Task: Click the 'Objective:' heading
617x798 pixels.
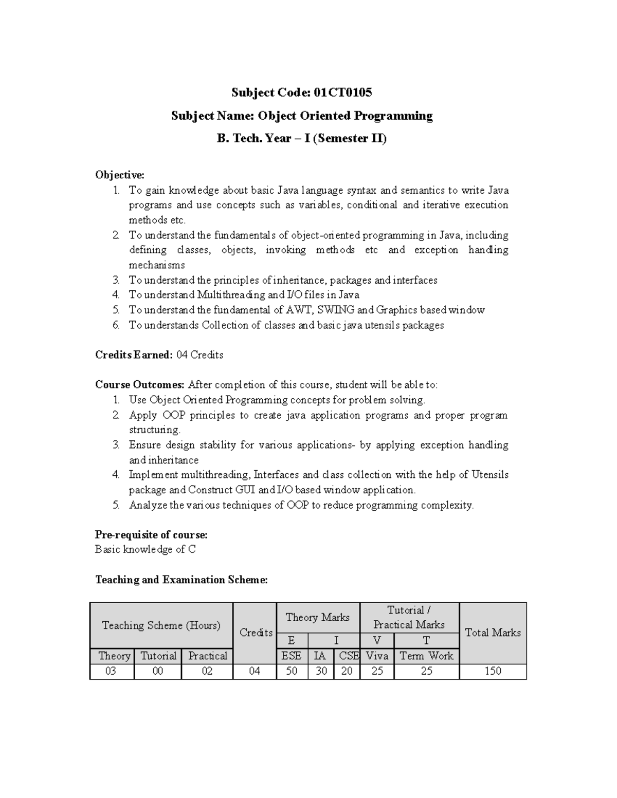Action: [x=120, y=175]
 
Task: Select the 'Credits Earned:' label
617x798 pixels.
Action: [x=134, y=355]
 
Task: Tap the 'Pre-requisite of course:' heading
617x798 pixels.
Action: [x=151, y=534]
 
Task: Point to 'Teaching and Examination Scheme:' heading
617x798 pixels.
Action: [x=182, y=580]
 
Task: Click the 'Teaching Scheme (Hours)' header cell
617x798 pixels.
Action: [x=161, y=625]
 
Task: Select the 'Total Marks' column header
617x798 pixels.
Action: [x=493, y=633]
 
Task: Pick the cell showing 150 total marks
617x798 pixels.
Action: [x=493, y=671]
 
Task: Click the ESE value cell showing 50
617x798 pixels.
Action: [x=292, y=671]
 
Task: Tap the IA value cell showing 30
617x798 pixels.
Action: [x=321, y=671]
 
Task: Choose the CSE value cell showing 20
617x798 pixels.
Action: [x=347, y=671]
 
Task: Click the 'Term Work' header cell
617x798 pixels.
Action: [x=426, y=656]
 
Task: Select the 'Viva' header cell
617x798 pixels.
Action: [x=377, y=656]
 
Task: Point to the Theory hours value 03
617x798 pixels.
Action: [x=111, y=671]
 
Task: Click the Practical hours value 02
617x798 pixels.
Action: [x=207, y=671]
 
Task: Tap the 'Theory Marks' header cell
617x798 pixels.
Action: [x=318, y=618]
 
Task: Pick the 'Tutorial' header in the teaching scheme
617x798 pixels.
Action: [x=158, y=656]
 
